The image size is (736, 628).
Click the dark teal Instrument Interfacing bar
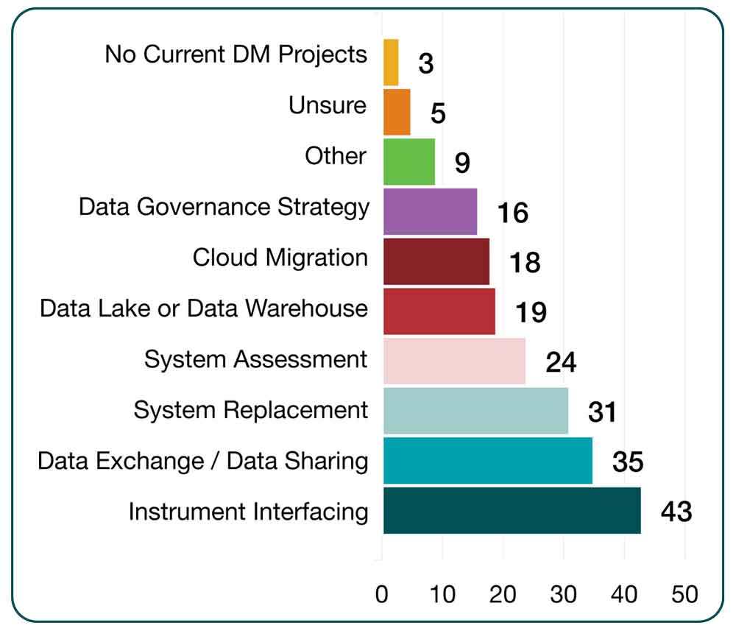point(512,510)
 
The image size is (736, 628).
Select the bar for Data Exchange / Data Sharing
point(487,461)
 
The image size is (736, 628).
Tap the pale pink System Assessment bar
point(454,361)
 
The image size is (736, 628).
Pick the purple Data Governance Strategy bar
point(430,211)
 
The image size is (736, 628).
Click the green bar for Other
point(408,161)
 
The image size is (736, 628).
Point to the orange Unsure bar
point(397,112)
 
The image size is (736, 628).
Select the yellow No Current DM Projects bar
point(391,63)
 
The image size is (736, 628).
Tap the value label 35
point(628,462)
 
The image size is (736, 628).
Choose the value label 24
point(561,362)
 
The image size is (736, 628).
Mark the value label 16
point(512,213)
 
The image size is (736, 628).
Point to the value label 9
point(461,163)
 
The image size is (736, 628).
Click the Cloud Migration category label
point(280,258)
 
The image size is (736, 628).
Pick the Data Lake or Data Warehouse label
point(204,308)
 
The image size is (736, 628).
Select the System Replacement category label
point(250,409)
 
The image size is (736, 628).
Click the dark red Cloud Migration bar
point(436,261)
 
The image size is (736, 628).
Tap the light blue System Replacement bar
point(475,411)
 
